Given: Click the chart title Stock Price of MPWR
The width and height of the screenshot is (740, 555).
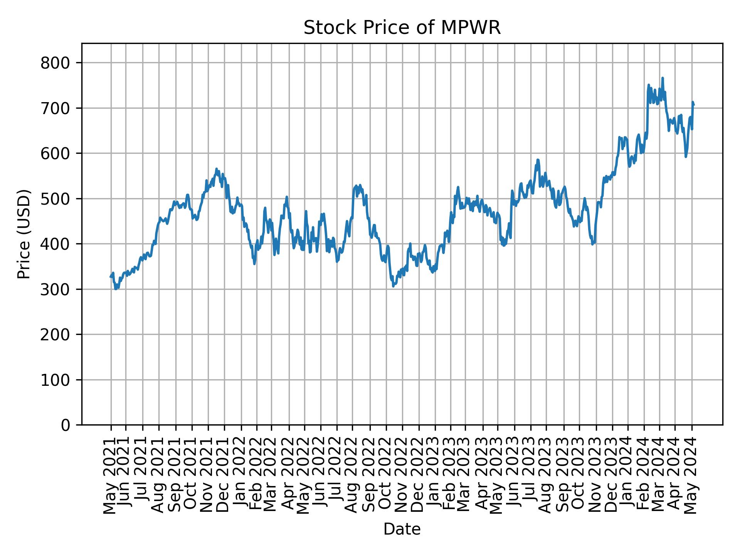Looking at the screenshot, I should tap(402, 28).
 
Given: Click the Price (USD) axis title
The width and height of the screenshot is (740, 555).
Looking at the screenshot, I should tap(24, 234).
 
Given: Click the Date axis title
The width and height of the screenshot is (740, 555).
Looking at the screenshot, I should tap(402, 530).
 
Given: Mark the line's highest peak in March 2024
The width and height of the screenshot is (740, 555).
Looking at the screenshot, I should tap(663, 78).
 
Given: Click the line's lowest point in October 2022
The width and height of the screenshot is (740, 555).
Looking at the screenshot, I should tap(393, 286).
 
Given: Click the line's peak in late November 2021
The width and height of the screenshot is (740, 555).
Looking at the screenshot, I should tap(216, 169).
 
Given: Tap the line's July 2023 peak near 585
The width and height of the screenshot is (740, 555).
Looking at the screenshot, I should tap(537, 160).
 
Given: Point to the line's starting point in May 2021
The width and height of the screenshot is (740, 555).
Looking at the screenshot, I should tap(111, 277).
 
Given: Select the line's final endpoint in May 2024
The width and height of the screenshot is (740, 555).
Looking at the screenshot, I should tap(694, 105).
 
